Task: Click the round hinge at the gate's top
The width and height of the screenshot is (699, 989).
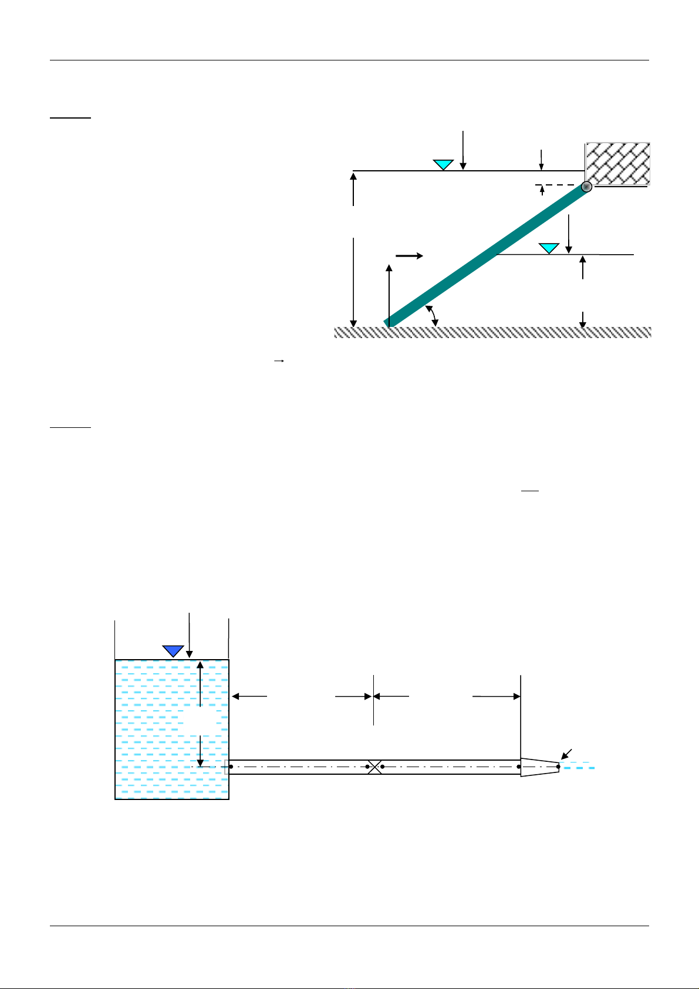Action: [586, 187]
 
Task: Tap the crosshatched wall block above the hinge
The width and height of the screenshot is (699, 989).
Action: [617, 163]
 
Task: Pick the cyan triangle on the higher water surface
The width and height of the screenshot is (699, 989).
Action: [443, 164]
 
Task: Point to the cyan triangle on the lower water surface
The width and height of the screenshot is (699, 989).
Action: [549, 248]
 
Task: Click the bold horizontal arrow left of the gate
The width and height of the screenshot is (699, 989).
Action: [409, 256]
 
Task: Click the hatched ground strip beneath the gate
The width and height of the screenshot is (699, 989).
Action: [493, 332]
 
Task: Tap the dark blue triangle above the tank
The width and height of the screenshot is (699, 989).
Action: [173, 650]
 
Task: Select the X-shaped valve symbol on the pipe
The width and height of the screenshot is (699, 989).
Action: [374, 767]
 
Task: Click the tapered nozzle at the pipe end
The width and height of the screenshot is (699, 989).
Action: [539, 767]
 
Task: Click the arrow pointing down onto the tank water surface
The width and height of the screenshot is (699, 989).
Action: [189, 634]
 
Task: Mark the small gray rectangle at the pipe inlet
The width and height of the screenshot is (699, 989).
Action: [227, 767]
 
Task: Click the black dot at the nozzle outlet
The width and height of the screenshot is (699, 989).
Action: [558, 767]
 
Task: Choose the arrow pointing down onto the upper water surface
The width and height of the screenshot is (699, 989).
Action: [463, 150]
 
